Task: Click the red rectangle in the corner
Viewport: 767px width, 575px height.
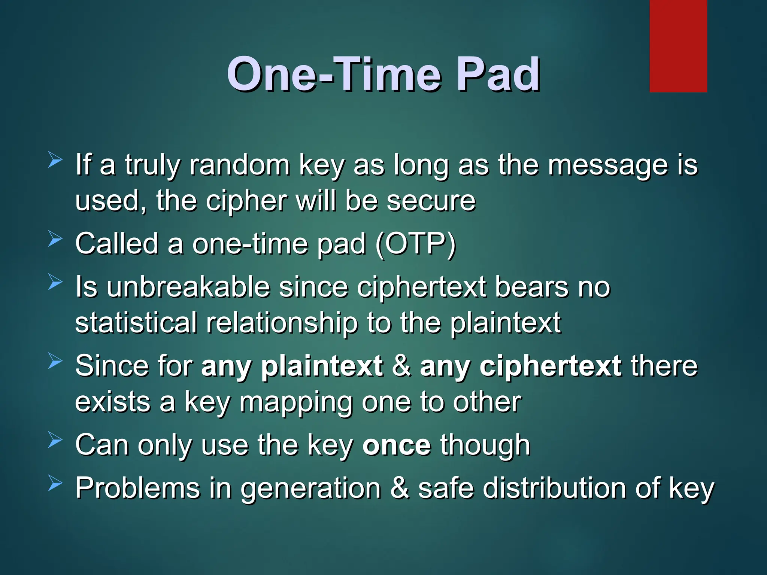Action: coord(678,46)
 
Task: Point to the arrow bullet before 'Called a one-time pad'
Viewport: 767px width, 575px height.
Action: coord(55,239)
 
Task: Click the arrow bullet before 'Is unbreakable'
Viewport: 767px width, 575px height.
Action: coord(55,282)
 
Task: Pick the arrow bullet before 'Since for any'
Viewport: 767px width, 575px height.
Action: coord(55,361)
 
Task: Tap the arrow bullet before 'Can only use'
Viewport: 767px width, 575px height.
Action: coord(55,441)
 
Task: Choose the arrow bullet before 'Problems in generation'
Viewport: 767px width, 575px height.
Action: coord(55,484)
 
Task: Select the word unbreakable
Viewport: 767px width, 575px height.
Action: coord(188,287)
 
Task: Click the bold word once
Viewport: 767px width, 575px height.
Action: coord(397,445)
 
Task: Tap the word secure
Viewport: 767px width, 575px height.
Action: coord(431,201)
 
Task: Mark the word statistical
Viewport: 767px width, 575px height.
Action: coord(136,323)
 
